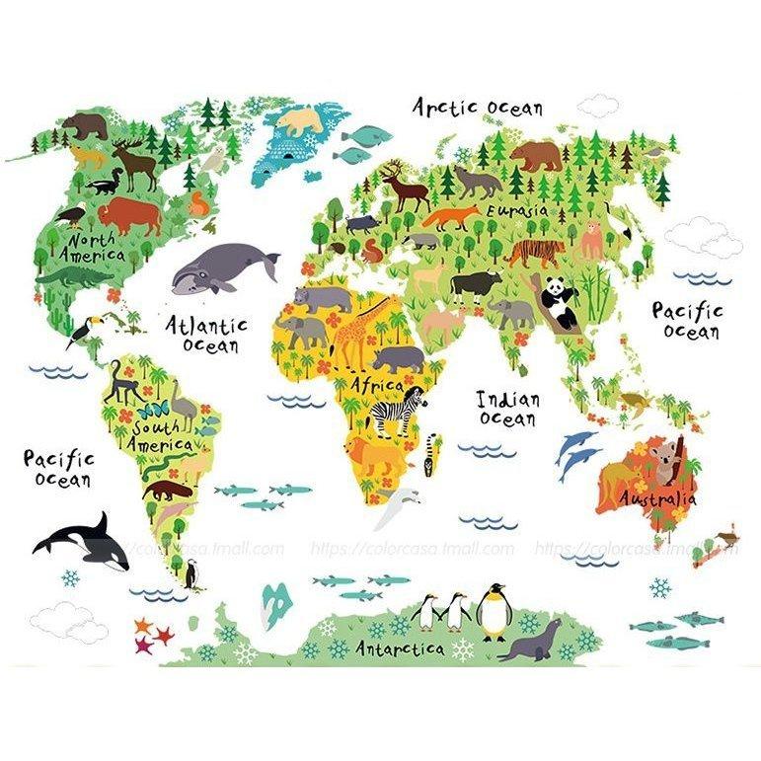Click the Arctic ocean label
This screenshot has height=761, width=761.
click(x=477, y=106)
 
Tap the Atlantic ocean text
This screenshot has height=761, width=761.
click(x=206, y=334)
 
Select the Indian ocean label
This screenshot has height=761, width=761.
click(x=508, y=409)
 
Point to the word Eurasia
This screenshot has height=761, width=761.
click(x=514, y=210)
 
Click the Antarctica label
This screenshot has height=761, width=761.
click(x=399, y=648)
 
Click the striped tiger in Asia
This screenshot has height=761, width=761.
click(x=535, y=252)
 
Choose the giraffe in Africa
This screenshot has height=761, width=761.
click(x=353, y=331)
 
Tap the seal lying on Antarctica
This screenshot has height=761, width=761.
click(x=531, y=642)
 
